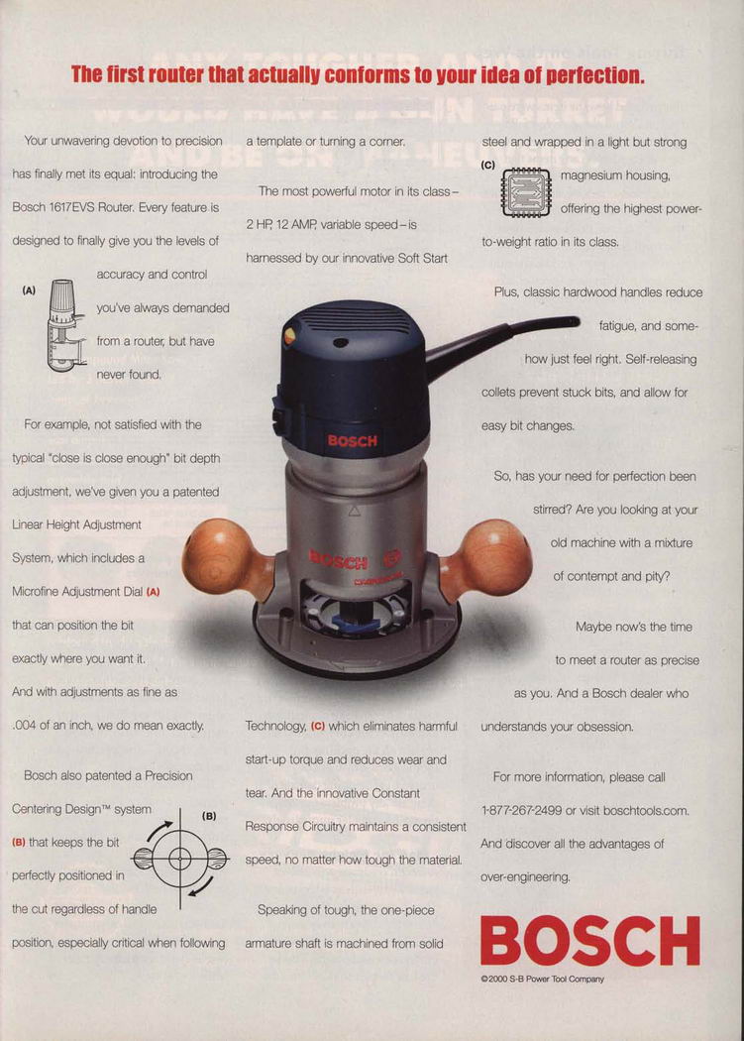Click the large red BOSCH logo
(x=590, y=940)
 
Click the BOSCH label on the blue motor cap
(x=352, y=441)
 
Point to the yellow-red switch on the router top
(x=289, y=336)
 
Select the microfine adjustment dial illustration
(x=65, y=325)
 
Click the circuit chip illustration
(x=526, y=192)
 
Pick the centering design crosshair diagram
(x=180, y=859)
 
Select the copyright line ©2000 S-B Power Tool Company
(x=542, y=979)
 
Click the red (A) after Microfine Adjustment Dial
(x=153, y=592)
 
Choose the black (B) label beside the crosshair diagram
(x=209, y=815)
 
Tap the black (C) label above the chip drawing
(x=488, y=165)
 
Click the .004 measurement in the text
(x=24, y=726)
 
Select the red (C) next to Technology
(x=317, y=727)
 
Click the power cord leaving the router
(x=502, y=341)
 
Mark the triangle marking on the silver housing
(x=354, y=511)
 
